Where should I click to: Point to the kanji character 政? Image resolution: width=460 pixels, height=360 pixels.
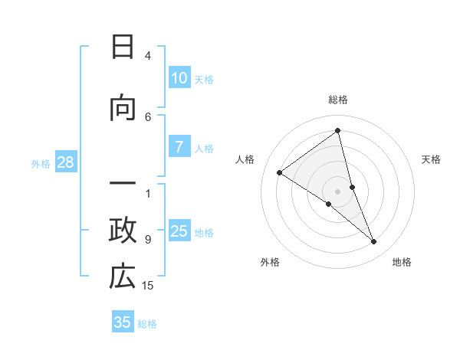[x=123, y=230]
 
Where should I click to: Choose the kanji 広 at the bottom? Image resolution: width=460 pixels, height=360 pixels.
[x=123, y=277]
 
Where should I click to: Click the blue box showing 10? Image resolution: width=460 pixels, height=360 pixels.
[x=179, y=78]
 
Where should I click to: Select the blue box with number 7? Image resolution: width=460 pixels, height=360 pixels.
[x=179, y=148]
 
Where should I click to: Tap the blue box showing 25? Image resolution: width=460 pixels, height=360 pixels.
[x=179, y=231]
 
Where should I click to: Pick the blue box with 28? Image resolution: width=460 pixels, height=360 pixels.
[x=64, y=162]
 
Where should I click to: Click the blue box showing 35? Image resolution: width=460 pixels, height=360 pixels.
[x=123, y=322]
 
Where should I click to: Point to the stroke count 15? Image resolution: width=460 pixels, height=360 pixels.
[x=148, y=286]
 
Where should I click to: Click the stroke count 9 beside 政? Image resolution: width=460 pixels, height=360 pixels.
[x=148, y=239]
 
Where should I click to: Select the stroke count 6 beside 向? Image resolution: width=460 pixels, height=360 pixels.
[x=148, y=116]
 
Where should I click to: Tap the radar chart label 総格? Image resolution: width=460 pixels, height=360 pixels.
[x=338, y=100]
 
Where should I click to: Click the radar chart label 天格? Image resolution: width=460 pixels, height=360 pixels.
[x=431, y=159]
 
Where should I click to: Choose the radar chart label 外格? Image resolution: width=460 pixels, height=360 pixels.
[x=270, y=263]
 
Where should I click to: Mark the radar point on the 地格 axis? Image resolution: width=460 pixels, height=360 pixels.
[x=374, y=241]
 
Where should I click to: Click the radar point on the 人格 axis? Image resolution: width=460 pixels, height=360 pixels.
[x=280, y=172]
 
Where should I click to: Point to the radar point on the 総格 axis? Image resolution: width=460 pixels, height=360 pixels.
[x=338, y=130]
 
